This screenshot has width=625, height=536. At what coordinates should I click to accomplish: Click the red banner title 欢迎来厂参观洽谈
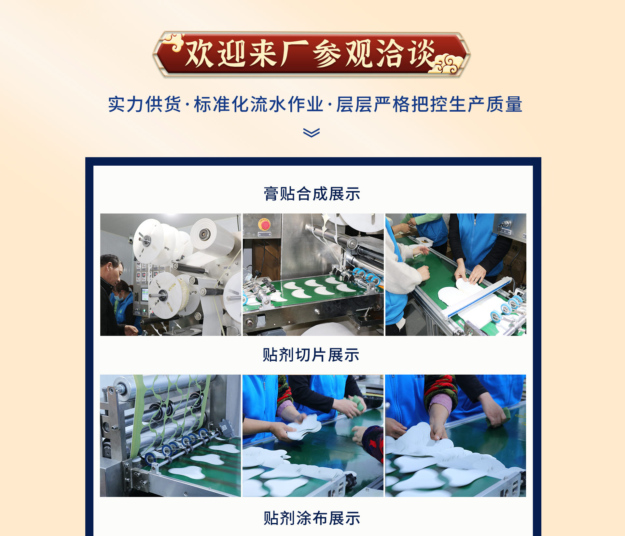coord(311,54)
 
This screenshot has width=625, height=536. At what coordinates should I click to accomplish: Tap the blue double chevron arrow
coord(312,132)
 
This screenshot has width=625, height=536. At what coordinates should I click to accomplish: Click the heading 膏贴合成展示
coord(312,194)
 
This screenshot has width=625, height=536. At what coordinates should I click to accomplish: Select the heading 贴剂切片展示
coord(311,355)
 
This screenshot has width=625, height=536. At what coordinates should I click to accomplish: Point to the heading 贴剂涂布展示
coord(312,518)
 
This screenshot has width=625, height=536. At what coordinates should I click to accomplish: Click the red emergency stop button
coord(264,224)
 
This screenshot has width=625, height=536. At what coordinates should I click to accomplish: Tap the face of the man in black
coord(114,270)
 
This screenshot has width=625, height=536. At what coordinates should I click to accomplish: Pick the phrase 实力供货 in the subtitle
coord(145,105)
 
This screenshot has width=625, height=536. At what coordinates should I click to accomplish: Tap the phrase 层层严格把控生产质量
coord(429,105)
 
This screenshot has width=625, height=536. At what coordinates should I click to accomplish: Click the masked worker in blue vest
coord(124,304)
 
